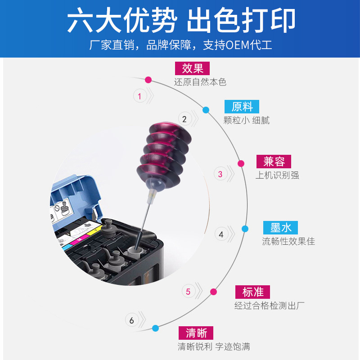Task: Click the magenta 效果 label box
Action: tap(193, 68)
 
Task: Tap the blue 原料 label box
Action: tap(242, 107)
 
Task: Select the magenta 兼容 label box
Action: tap(274, 162)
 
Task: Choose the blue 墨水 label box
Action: tap(281, 228)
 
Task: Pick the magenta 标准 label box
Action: tap(252, 292)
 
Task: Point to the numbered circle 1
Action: tap(139, 96)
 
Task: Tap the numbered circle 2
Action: tap(184, 119)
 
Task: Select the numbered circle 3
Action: tap(220, 174)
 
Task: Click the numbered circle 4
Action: tap(221, 234)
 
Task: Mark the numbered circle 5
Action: tap(188, 292)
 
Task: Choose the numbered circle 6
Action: tap(131, 320)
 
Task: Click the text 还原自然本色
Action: tap(200, 82)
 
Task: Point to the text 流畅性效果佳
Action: tap(288, 241)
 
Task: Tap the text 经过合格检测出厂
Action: tap(269, 306)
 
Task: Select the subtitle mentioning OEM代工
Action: tap(180, 45)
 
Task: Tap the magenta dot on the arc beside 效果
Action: tap(148, 80)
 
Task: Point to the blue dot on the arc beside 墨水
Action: tap(245, 229)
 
